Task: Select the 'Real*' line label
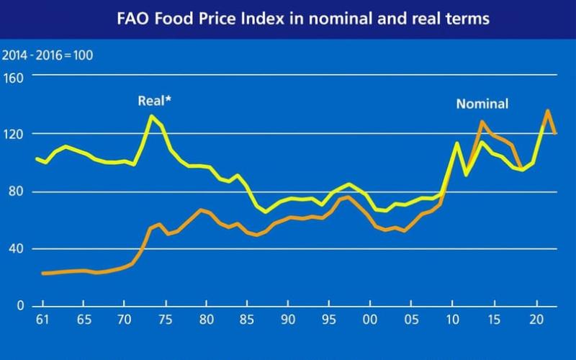154,101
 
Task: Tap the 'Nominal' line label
482,104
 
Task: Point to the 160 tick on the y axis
15,76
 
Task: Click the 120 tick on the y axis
15,134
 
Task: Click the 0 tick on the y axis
22,307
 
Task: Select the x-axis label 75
164,320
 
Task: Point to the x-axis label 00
370,320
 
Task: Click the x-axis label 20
536,320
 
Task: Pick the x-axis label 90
288,320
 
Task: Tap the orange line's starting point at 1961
42,274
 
